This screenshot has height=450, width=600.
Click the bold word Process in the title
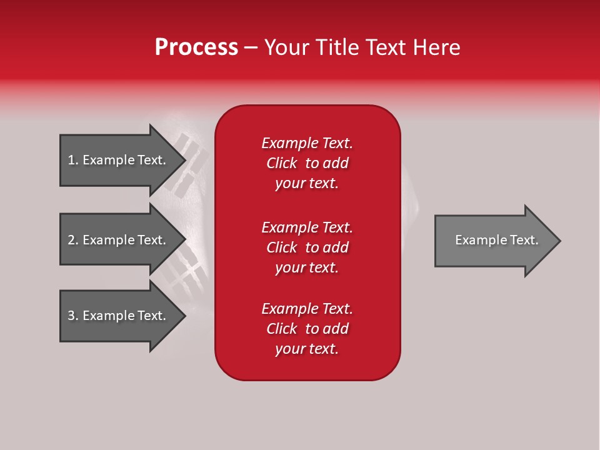196,47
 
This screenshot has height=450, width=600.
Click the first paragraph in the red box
307,163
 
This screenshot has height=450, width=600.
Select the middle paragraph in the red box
307,247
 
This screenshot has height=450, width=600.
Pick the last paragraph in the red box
307,329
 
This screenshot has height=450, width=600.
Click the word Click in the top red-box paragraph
282,163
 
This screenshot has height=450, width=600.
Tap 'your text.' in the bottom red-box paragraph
307,349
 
